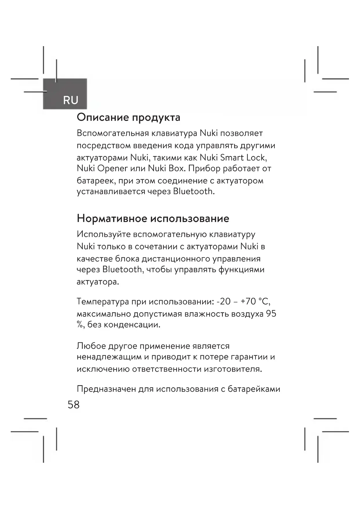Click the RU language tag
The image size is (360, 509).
coord(70,100)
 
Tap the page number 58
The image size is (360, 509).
coord(73,405)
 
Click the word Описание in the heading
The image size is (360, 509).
coord(103,118)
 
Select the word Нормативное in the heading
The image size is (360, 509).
coord(112,218)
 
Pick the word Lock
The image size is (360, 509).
coord(256,158)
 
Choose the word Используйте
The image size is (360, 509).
coord(103,234)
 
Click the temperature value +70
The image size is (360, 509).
coord(248,302)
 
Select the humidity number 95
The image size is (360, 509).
coord(271,314)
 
